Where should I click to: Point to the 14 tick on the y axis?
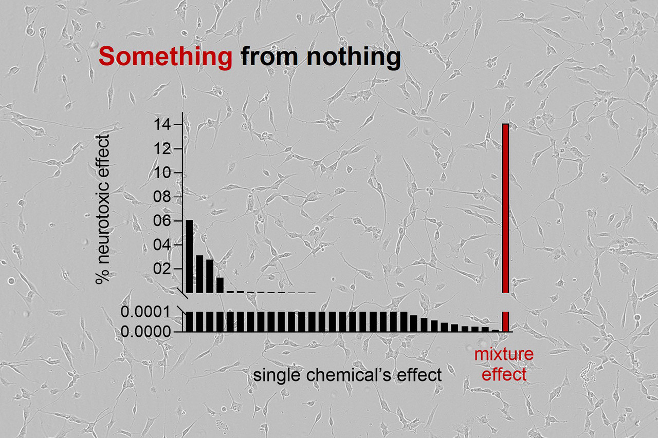click(x=165, y=125)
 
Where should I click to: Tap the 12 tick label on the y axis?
click(x=165, y=149)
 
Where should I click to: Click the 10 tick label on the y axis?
click(x=165, y=173)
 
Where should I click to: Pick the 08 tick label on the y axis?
click(x=165, y=197)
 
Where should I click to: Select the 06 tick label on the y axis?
click(x=165, y=221)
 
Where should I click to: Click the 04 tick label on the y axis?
click(x=165, y=245)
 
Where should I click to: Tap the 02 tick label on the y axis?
click(x=165, y=269)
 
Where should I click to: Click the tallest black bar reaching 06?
click(x=189, y=256)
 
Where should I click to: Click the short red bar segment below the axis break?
click(x=506, y=321)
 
